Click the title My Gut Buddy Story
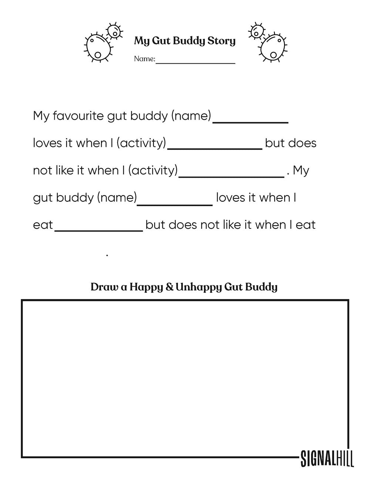pyautogui.click(x=185, y=41)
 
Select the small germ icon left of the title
pyautogui.click(x=115, y=31)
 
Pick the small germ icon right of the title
pyautogui.click(x=256, y=31)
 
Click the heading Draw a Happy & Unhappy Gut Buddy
pyautogui.click(x=184, y=287)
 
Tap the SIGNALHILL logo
pyautogui.click(x=327, y=458)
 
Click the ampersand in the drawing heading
pyautogui.click(x=169, y=287)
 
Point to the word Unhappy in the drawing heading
pyautogui.click(x=198, y=287)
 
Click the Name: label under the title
pyautogui.click(x=144, y=59)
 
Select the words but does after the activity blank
pyautogui.click(x=291, y=143)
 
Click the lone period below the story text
pyautogui.click(x=107, y=255)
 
